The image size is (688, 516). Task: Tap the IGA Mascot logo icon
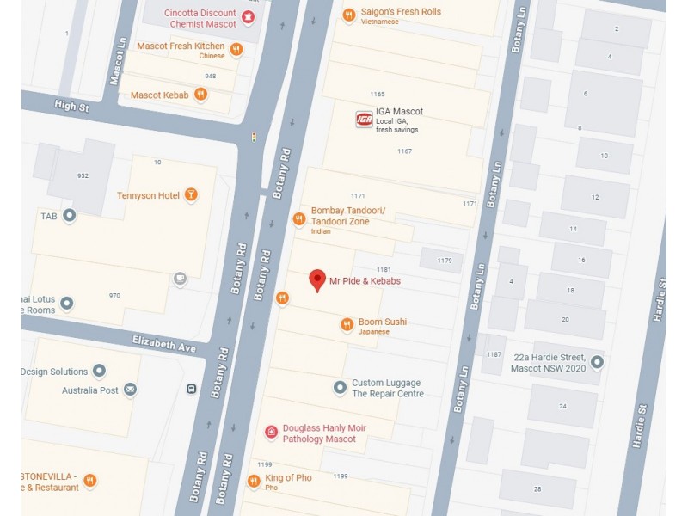pos(364,119)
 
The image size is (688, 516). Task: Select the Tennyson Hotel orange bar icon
pos(191,195)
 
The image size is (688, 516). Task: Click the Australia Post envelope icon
pos(130,390)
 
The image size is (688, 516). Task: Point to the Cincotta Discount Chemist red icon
pos(249,18)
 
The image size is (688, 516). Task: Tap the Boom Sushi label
pos(382,322)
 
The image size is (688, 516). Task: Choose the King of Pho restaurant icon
pos(254,481)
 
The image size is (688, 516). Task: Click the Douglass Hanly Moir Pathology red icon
pos(271,432)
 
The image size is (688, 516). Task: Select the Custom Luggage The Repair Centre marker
pos(340,388)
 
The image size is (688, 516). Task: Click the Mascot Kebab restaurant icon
pos(200,95)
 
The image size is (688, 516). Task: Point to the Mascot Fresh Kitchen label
pos(181,46)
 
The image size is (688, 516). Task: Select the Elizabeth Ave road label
pos(164,345)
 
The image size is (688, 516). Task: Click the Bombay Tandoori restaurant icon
pos(298,219)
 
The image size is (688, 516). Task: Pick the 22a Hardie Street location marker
pos(596,362)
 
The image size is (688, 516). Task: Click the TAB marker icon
pos(69,215)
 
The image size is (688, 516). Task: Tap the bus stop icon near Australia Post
pos(191,389)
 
